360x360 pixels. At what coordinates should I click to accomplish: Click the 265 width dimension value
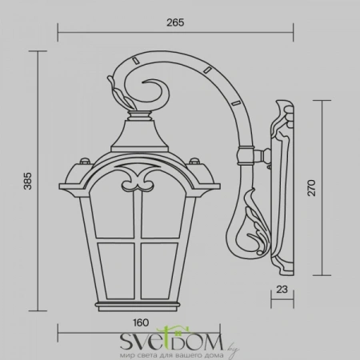click(176, 22)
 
